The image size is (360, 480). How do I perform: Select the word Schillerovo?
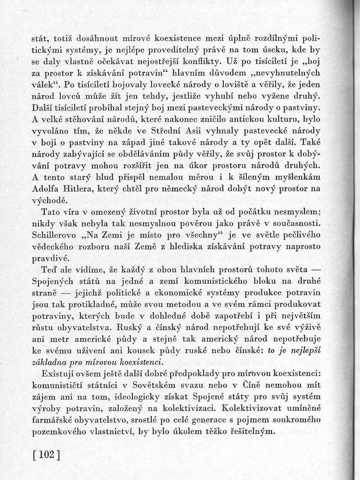pyautogui.click(x=54, y=235)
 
